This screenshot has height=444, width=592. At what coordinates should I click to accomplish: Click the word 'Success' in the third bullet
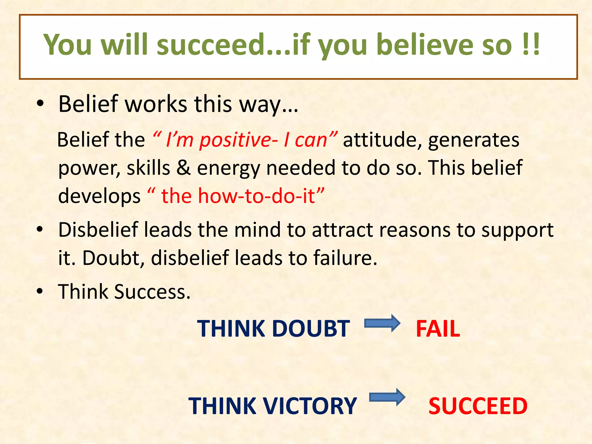tap(152, 292)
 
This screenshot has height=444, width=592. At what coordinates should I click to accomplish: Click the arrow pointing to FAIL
tap(382, 323)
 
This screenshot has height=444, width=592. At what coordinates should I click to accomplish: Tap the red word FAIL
tap(438, 329)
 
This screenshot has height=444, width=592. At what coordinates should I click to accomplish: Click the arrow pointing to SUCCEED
tap(387, 397)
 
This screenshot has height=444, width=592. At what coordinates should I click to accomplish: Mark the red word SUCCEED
tap(478, 406)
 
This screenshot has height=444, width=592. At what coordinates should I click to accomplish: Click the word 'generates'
tap(473, 140)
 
